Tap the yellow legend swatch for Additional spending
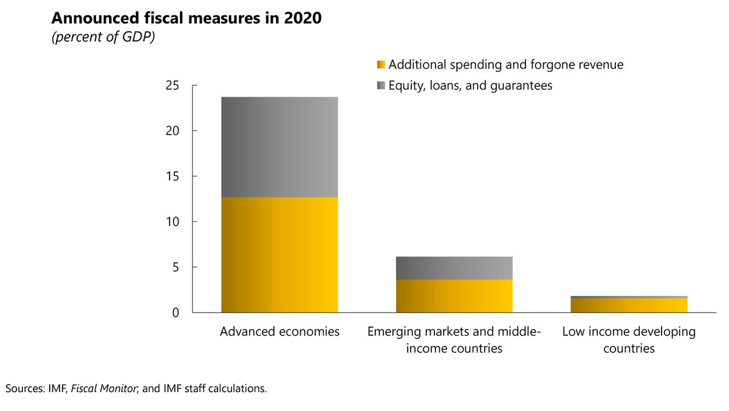pyautogui.click(x=381, y=64)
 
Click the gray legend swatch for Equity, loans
pyautogui.click(x=381, y=86)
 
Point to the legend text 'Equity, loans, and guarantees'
pyautogui.click(x=470, y=86)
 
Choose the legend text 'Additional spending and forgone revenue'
pyautogui.click(x=505, y=64)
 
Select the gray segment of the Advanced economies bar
pyautogui.click(x=279, y=147)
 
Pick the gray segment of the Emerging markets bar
pyautogui.click(x=454, y=268)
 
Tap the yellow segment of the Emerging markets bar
pyautogui.click(x=454, y=296)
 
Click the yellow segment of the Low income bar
pyautogui.click(x=629, y=305)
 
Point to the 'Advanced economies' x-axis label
pyautogui.click(x=279, y=332)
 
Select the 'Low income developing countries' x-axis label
pyautogui.click(x=629, y=340)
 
